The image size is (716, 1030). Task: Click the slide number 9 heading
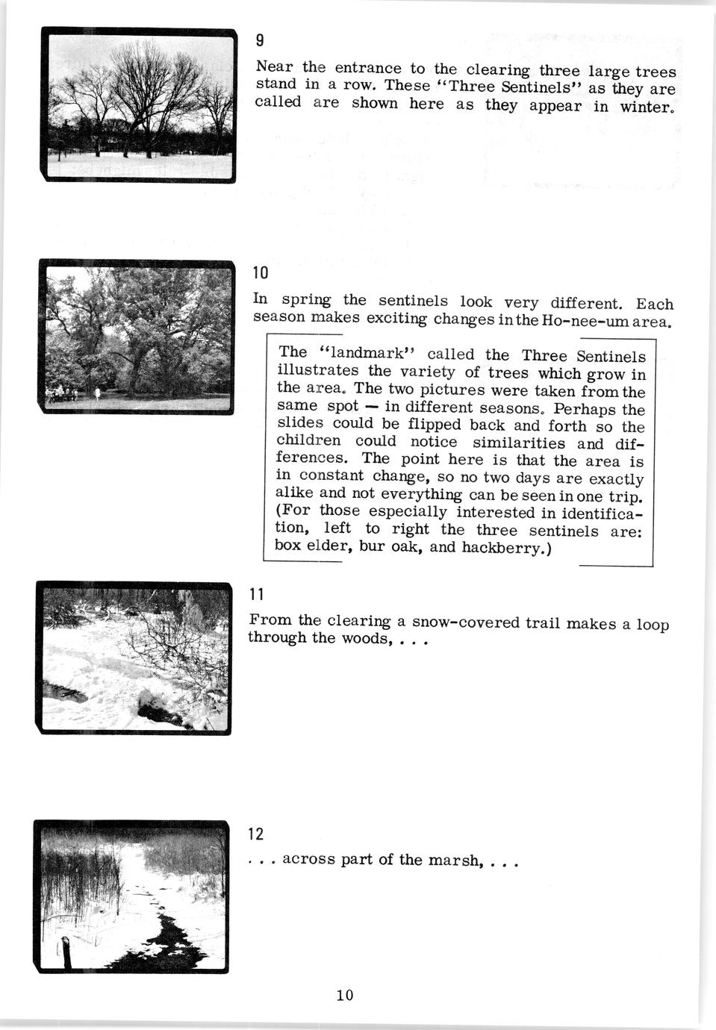coord(259,40)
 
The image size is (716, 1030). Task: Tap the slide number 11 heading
coord(256,594)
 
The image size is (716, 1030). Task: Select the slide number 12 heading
coord(255,833)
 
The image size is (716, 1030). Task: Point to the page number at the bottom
coord(345,995)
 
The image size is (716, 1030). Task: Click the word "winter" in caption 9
coord(647,107)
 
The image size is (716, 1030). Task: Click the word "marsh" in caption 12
coord(453,860)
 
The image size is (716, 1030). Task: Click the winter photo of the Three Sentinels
coord(138,104)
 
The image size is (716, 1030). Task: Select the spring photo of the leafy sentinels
coord(137,335)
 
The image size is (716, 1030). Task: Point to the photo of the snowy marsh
coord(131,896)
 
